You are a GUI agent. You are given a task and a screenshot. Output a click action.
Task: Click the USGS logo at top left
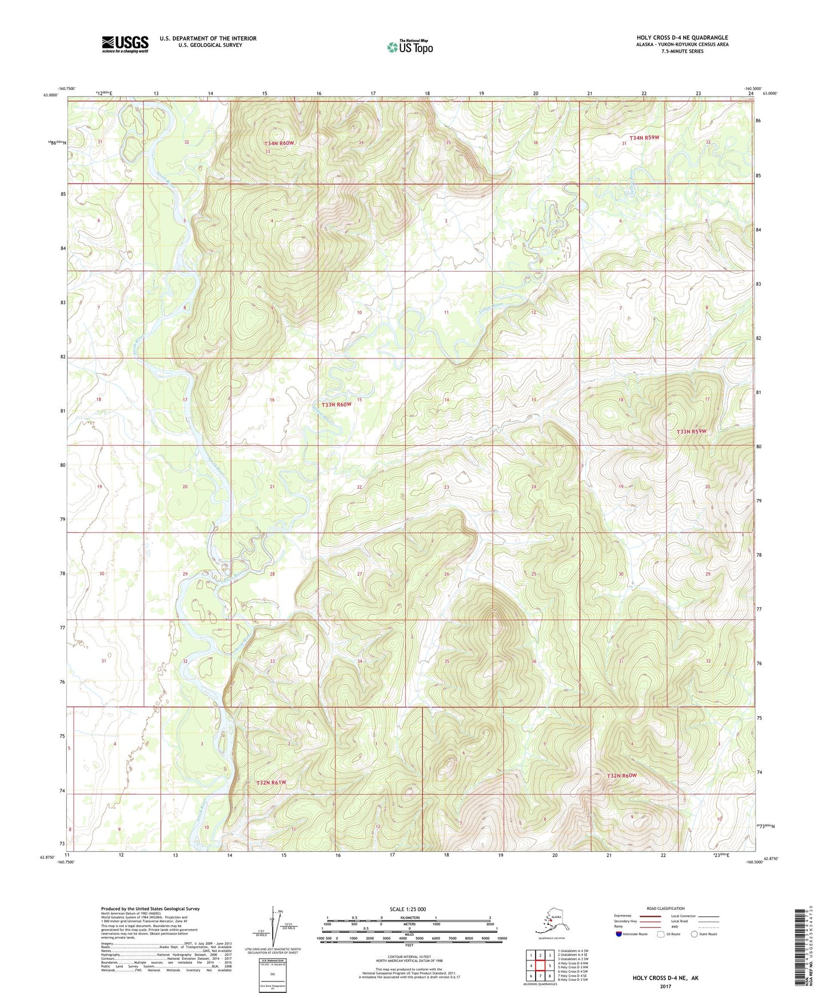pyautogui.click(x=125, y=44)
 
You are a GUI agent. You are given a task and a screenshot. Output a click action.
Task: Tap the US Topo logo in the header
pyautogui.click(x=409, y=46)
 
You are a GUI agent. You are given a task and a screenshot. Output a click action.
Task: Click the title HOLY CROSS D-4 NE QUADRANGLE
pyautogui.click(x=682, y=38)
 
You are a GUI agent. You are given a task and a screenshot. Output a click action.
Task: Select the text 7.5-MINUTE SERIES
pyautogui.click(x=682, y=51)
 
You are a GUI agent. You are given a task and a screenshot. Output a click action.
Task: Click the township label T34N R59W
pyautogui.click(x=644, y=138)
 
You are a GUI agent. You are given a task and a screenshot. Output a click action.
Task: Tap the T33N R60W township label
pyautogui.click(x=333, y=404)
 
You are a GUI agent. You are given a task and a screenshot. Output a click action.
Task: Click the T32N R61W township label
pyautogui.click(x=271, y=782)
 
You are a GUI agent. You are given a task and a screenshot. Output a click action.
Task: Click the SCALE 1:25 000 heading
pyautogui.click(x=408, y=909)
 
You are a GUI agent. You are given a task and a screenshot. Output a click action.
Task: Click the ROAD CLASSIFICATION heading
pyautogui.click(x=665, y=908)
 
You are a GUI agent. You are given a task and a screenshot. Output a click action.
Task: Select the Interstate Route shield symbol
pyautogui.click(x=619, y=934)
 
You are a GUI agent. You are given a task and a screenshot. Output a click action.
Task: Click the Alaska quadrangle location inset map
pyautogui.click(x=550, y=924)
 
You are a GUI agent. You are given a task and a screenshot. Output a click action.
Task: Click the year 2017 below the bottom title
pyautogui.click(x=665, y=986)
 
